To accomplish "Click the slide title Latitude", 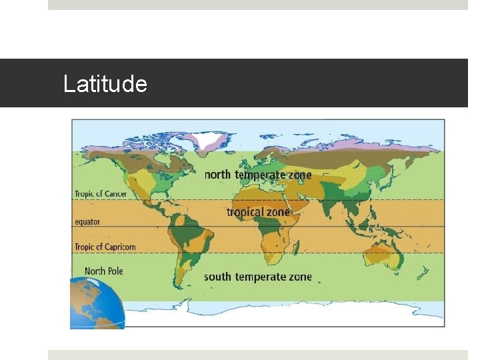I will pyautogui.click(x=105, y=84).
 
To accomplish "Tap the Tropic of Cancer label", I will pyautogui.click(x=100, y=194).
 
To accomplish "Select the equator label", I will pyautogui.click(x=87, y=221).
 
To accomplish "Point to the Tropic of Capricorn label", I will pyautogui.click(x=105, y=247).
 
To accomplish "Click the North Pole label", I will pyautogui.click(x=103, y=271).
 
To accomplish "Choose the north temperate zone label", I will pyautogui.click(x=257, y=175).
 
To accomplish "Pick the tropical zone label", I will pyautogui.click(x=258, y=212).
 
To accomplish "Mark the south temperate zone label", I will pyautogui.click(x=257, y=277).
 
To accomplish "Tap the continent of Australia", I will pyautogui.click(x=381, y=256).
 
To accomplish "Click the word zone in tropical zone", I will pyautogui.click(x=279, y=212).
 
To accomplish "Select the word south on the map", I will pyautogui.click(x=217, y=277).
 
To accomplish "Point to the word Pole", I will pyautogui.click(x=114, y=271).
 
